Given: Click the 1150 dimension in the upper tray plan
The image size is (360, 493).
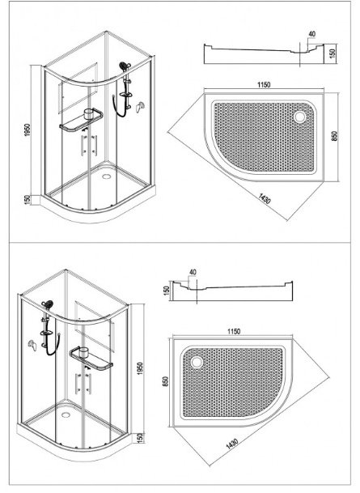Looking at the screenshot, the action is coord(264,84).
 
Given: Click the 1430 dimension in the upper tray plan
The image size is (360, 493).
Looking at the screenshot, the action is coord(265,198).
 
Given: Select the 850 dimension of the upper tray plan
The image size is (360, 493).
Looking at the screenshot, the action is coord(334,136).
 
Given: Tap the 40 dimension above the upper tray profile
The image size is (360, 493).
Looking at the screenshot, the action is coord(312,34).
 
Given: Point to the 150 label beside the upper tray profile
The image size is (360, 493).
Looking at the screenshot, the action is coord(333,52).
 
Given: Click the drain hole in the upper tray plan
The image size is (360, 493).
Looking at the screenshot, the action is coord(299,117).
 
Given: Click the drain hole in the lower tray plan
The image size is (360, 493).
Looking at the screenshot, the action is coord(197,362).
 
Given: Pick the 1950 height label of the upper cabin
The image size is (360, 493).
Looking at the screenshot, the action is coord(28,130).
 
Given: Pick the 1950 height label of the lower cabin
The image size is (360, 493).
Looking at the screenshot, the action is coord(140,368).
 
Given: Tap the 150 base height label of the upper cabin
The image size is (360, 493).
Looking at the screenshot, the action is coord(28,200).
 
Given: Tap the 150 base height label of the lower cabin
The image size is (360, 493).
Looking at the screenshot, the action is coord(140,437).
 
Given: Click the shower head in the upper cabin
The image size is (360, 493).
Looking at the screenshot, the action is coord(124,66).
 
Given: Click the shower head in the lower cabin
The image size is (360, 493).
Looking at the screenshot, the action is coord(48,304).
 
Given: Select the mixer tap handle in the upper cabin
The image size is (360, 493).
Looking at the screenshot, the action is coord(140,107).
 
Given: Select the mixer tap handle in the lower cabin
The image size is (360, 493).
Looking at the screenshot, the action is coord(32,345).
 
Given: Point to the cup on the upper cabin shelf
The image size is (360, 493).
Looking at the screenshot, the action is coord(90,113).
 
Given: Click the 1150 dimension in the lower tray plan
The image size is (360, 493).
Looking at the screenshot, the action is coord(234,331).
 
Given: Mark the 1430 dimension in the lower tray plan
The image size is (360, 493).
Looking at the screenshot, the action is coord(232,445).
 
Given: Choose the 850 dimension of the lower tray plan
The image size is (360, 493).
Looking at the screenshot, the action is coord(166,381).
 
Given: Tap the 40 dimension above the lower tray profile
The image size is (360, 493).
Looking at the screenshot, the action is coord(193,272).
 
